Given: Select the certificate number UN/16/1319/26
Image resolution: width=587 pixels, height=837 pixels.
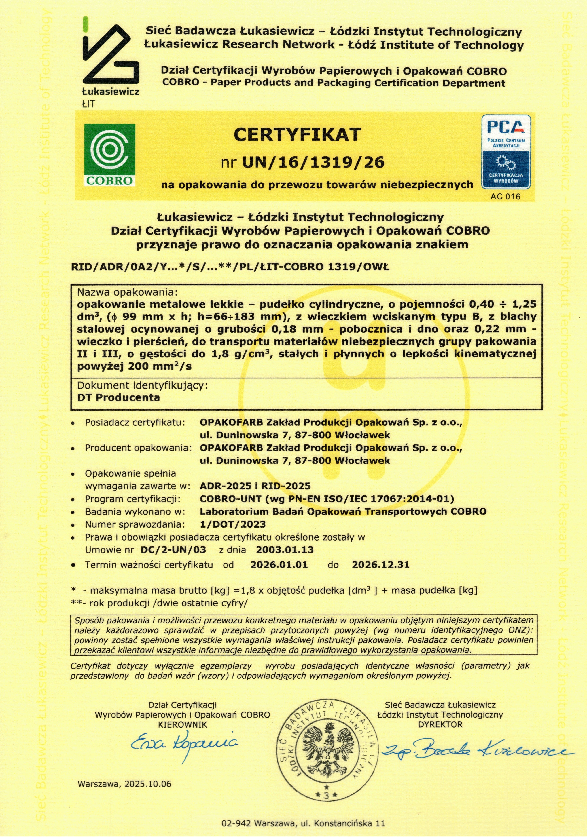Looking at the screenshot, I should click(313, 162).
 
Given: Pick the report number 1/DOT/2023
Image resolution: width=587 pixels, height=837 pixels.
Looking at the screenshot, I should click(233, 524).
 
